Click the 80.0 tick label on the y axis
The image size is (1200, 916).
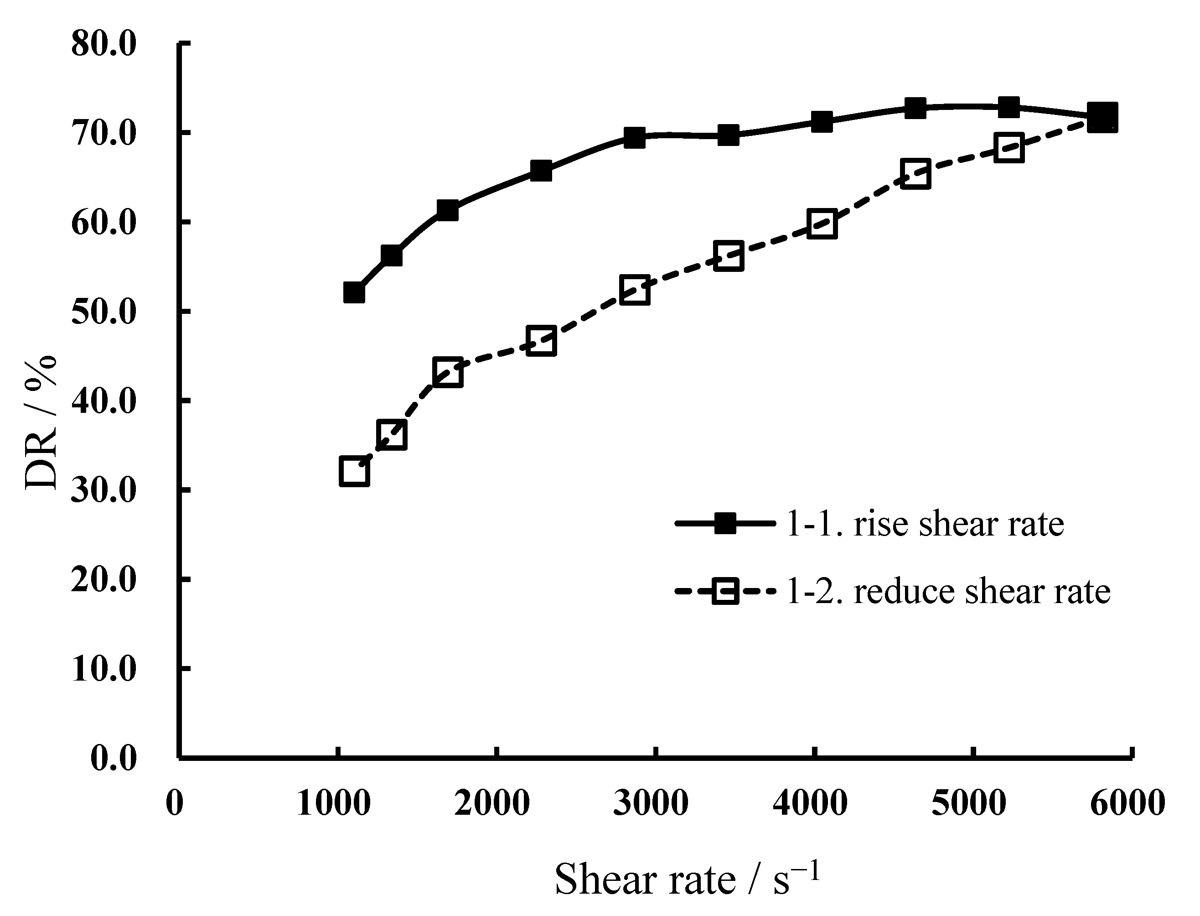pos(103,44)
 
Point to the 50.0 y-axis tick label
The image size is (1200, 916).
pos(103,312)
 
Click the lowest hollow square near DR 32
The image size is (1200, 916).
pos(354,472)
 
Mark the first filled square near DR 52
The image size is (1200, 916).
pos(354,293)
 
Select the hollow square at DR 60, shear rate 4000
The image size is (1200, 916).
pos(822,224)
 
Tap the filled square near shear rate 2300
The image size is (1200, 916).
pos(541,171)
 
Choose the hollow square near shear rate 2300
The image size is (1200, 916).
pos(541,341)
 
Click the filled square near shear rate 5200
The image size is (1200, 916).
pos(1009,107)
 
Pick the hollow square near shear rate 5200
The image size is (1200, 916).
pos(1009,148)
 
